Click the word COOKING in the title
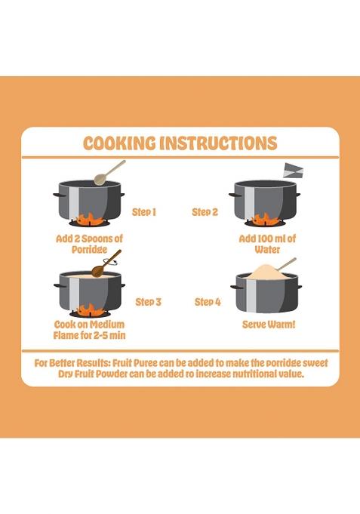pyautogui.click(x=119, y=143)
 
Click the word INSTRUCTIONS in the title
pyautogui.click(x=218, y=143)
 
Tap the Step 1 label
pyautogui.click(x=144, y=212)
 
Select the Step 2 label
pyautogui.click(x=205, y=212)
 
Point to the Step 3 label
pyautogui.click(x=149, y=302)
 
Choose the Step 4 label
pyautogui.click(x=208, y=302)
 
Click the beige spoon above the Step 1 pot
pyautogui.click(x=109, y=173)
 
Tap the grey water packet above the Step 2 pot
pyautogui.click(x=294, y=170)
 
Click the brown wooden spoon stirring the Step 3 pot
pyautogui.click(x=106, y=263)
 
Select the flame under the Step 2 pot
pyautogui.click(x=266, y=220)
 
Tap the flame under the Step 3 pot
pyautogui.click(x=91, y=310)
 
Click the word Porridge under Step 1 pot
pyautogui.click(x=90, y=250)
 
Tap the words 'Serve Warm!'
pyautogui.click(x=269, y=325)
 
